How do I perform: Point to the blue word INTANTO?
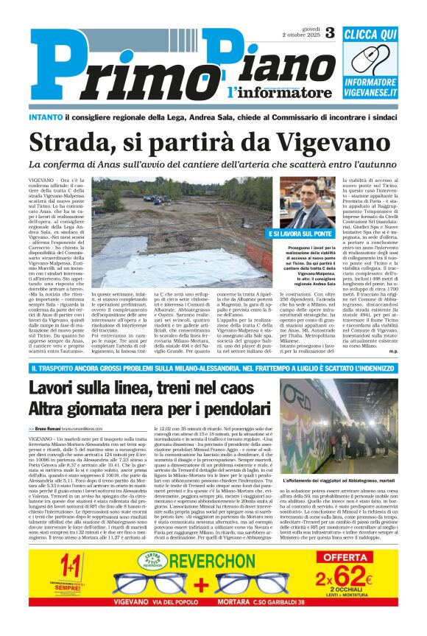48,117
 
